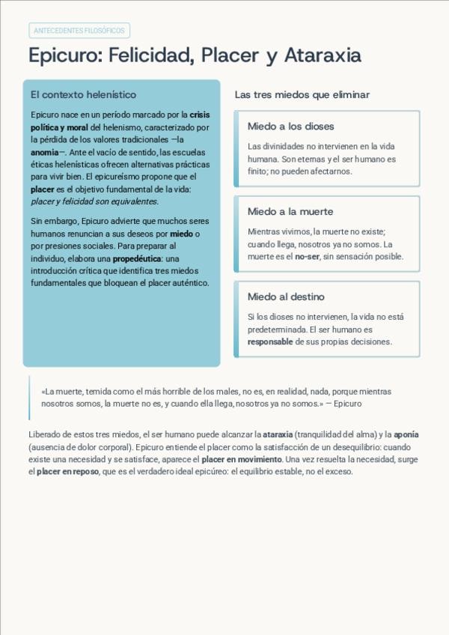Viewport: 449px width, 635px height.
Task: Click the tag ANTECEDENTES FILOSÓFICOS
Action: point(79,31)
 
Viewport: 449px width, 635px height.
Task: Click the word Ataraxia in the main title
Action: point(323,55)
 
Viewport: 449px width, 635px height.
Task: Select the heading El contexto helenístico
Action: point(83,95)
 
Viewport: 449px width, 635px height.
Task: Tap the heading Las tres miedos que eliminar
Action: point(302,95)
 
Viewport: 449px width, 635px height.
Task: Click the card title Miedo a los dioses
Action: point(290,127)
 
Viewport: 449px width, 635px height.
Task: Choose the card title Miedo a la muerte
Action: point(290,212)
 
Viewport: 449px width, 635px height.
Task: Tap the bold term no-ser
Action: point(307,256)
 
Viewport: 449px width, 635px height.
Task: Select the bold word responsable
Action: point(270,341)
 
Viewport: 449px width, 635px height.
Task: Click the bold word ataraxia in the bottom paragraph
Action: point(278,434)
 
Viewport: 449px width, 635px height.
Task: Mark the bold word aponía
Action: point(406,434)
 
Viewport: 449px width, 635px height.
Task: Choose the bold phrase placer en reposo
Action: point(67,472)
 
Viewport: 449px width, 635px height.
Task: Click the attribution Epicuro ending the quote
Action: point(347,404)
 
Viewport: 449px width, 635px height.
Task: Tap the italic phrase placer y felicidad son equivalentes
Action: point(94,201)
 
